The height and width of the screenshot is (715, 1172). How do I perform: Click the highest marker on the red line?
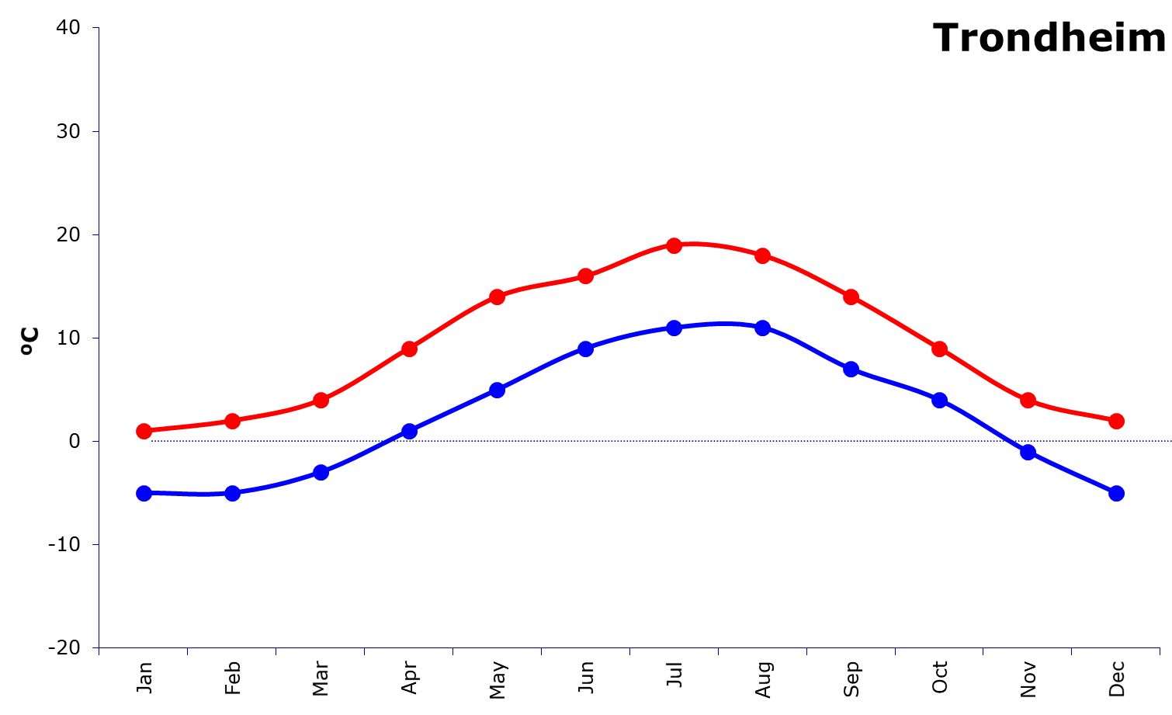coord(674,245)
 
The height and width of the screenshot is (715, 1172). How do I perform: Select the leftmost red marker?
coord(144,431)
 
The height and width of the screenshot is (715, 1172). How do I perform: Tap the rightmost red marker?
coord(1116,421)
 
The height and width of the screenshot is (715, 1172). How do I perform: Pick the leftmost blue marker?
coord(144,493)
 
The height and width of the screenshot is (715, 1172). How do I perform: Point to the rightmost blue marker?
coord(1116,493)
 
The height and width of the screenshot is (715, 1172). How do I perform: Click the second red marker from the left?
coord(232,421)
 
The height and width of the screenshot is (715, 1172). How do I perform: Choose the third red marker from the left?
coord(321,400)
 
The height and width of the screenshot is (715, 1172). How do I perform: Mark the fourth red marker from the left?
coord(409,349)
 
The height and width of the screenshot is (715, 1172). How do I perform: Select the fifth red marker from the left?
coord(497,297)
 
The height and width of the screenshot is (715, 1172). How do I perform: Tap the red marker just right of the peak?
coord(762,255)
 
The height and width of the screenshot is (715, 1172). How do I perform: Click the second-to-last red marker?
coord(1028,400)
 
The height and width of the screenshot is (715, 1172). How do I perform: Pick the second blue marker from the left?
coord(232,493)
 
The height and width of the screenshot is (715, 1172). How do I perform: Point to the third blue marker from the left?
coord(321,472)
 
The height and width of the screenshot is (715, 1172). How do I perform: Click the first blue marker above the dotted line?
coord(409,431)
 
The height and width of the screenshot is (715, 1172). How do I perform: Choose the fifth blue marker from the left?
coord(497,390)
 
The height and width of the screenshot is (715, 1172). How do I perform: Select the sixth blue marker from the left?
coord(585,349)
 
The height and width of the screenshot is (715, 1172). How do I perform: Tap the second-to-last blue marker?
coord(1028,452)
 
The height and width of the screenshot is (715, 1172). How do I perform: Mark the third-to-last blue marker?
coord(939,400)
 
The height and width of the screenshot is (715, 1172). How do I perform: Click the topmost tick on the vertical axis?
coord(95,28)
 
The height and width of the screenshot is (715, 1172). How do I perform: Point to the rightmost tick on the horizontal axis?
coord(1160,651)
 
